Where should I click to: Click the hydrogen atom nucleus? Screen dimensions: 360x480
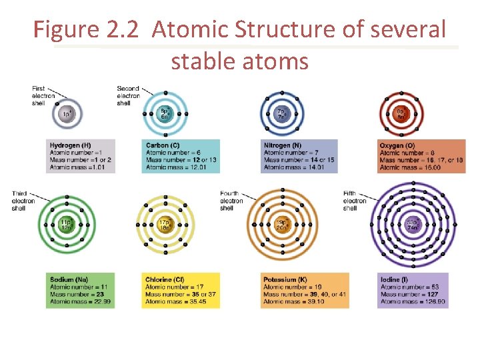click(66, 114)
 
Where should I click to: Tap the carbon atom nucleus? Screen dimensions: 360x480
click(164, 113)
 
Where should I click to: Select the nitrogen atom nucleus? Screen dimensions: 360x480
click(282, 113)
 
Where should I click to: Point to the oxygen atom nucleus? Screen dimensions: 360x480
click(400, 113)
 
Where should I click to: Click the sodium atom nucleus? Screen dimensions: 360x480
click(65, 225)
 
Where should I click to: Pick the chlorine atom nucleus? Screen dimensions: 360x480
click(164, 225)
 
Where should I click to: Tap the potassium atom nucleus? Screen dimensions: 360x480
click(283, 225)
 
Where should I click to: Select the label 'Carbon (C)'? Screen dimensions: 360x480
click(162, 145)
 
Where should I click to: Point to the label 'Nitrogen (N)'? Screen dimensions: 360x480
click(283, 145)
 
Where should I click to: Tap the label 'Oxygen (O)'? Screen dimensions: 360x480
click(397, 145)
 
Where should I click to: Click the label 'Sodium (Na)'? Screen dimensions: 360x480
click(69, 279)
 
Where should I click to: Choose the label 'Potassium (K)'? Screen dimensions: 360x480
click(285, 279)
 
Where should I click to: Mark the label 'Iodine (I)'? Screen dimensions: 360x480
click(391, 279)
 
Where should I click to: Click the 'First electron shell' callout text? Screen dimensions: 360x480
click(43, 95)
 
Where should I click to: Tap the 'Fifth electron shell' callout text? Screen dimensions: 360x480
click(355, 201)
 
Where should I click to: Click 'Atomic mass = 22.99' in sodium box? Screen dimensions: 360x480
click(80, 302)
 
